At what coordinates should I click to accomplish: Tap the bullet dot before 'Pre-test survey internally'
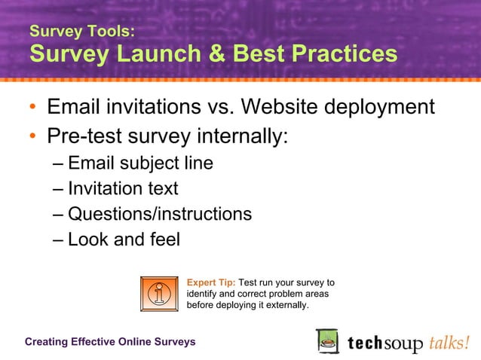(x=33, y=137)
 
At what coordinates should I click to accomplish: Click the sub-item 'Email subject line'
(x=140, y=163)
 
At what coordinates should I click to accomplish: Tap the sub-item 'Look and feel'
(x=124, y=240)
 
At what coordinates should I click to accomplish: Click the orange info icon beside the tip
(x=160, y=294)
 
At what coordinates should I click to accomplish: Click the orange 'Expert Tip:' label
(x=211, y=283)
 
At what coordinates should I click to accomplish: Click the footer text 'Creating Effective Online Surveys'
(x=110, y=342)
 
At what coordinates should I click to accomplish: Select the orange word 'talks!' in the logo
(x=450, y=343)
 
